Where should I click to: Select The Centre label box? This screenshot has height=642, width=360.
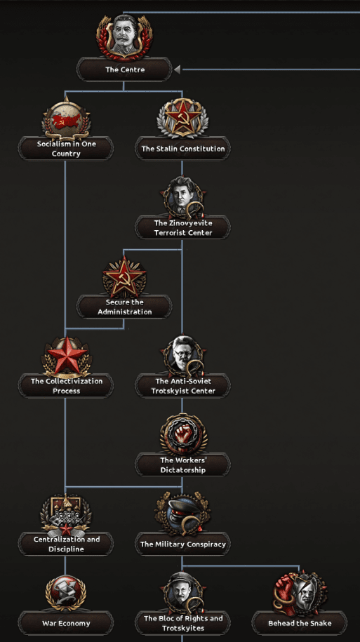pos(124,69)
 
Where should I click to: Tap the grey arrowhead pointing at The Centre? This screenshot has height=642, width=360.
pos(177,69)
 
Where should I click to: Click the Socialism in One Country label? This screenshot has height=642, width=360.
pos(66,149)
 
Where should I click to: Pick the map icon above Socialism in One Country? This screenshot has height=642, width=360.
pos(66,119)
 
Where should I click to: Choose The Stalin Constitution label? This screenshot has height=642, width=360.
pos(182,149)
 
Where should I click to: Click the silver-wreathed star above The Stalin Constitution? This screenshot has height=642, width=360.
pos(182,118)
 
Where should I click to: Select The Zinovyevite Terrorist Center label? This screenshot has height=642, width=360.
pos(182,227)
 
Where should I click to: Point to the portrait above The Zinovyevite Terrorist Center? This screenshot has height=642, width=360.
pos(182,197)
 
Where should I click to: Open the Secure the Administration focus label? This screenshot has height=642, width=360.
pos(124,307)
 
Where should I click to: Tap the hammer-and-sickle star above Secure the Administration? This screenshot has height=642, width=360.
pos(124,276)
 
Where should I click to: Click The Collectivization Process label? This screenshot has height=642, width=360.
pos(66,386)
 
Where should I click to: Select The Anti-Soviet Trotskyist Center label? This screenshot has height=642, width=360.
pos(182,386)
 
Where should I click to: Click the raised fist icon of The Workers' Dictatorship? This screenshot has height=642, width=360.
pos(182,435)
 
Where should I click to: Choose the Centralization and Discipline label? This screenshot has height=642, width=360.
pos(66,544)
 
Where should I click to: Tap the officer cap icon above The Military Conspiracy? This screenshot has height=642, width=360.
pos(182,514)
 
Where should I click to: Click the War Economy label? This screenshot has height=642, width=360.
pos(66,623)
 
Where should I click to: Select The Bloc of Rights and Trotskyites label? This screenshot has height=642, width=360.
pos(182,623)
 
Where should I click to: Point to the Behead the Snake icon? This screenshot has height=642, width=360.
pos(300,592)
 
